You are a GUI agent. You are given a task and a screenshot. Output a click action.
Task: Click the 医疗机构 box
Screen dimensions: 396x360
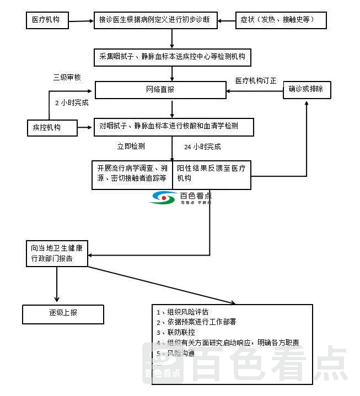coord(50,20)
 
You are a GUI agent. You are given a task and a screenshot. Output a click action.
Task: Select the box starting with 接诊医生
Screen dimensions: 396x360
coord(155,20)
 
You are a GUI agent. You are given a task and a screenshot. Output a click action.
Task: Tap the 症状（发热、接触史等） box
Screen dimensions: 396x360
coord(281,20)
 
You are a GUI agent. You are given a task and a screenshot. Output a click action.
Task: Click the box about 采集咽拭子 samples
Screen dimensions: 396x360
coord(173,57)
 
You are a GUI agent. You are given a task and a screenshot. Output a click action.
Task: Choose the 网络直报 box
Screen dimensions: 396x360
coord(160,90)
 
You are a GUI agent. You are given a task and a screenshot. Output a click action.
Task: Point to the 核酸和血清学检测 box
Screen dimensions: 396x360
coord(173,127)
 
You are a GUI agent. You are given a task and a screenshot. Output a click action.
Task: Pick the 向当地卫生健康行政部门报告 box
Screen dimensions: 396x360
coord(57,253)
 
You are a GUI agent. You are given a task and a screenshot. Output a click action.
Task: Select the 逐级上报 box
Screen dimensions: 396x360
coord(63,313)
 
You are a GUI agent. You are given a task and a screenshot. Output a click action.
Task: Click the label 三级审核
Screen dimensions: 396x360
coord(67,78)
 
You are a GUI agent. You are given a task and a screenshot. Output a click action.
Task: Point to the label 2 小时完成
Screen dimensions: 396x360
coord(71,102)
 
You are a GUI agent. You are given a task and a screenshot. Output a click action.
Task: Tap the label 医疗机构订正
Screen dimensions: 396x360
coord(255,80)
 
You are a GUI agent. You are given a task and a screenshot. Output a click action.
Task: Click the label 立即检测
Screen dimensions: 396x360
coord(131,147)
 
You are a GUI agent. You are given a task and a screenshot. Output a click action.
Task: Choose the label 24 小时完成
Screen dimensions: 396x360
coord(202,147)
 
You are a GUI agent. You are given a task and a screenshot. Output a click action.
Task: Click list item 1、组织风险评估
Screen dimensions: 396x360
coord(182,312)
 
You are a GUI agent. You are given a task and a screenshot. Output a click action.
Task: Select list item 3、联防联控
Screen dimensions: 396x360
coord(175,333)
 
